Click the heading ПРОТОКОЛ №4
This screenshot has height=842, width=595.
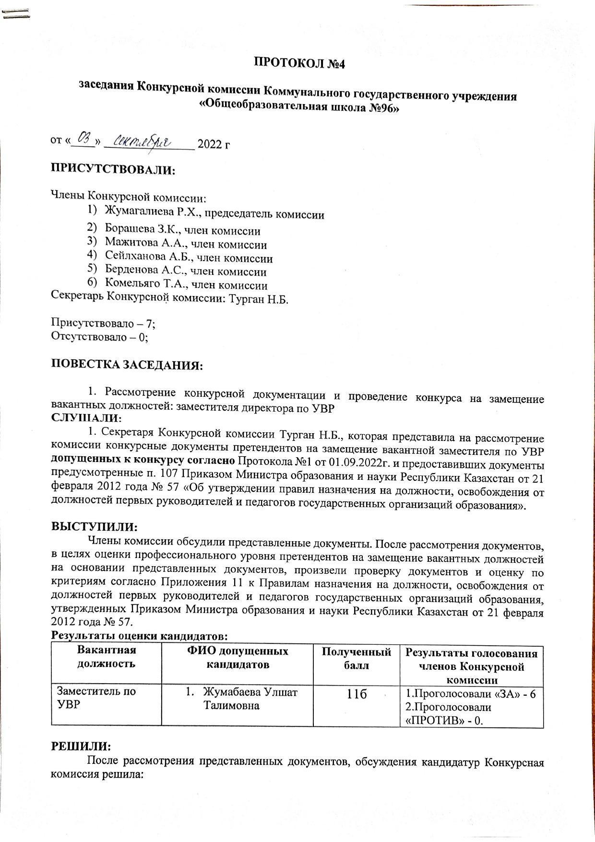click(x=299, y=63)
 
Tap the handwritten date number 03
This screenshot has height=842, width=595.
click(x=87, y=139)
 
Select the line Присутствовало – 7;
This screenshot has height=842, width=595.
click(x=103, y=323)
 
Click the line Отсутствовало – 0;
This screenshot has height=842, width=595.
click(x=99, y=337)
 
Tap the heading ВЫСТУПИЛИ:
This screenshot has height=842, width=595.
click(x=95, y=526)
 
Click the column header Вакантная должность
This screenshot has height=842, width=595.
click(x=107, y=657)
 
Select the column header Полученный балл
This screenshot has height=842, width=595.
click(x=356, y=658)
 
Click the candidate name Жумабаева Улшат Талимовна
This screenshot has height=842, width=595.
click(x=250, y=699)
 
